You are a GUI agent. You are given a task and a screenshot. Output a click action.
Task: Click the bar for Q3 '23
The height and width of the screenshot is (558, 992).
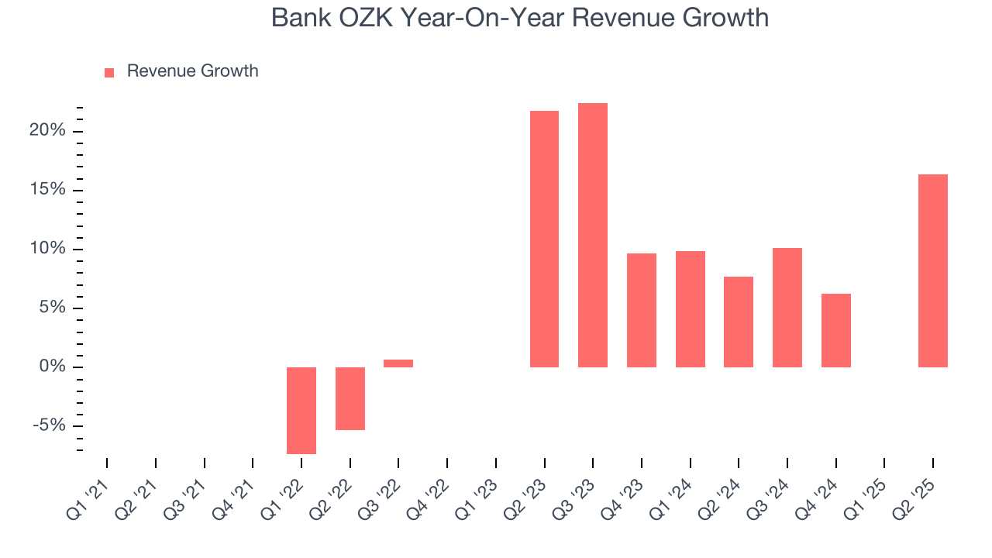pos(593,235)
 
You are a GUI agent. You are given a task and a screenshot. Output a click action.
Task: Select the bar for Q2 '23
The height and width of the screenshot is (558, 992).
pos(544,239)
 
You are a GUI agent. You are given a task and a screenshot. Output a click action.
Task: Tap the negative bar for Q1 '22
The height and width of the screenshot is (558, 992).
pos(301,410)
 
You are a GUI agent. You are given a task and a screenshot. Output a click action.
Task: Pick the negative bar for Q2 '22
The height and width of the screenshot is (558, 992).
pos(350,398)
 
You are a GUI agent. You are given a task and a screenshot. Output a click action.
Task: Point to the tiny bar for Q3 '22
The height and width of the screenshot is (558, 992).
pos(398,363)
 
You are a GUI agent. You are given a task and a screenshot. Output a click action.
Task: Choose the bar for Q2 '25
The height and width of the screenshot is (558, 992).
pos(933,270)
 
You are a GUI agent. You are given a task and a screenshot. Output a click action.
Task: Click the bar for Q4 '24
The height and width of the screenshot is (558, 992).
pos(836,330)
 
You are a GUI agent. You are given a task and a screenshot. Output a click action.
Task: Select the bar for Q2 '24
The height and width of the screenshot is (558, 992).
pos(739,322)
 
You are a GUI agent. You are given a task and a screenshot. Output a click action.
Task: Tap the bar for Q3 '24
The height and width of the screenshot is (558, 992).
pos(787,308)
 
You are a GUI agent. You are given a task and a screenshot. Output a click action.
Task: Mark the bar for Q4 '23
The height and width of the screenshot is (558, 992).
pos(642,310)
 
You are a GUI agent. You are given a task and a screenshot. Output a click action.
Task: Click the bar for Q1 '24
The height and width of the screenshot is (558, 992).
pos(691,308)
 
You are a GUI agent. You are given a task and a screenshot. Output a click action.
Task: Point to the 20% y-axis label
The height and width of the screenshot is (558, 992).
pos(47,130)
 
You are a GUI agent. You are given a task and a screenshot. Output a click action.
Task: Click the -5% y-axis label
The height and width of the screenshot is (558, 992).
pos(49,425)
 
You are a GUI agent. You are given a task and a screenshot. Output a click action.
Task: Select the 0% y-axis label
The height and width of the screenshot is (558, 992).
pos(53,367)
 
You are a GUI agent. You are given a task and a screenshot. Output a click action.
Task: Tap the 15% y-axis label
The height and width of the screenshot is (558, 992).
pos(47,190)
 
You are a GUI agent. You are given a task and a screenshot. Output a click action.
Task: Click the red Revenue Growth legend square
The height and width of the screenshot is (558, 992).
pos(109,72)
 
